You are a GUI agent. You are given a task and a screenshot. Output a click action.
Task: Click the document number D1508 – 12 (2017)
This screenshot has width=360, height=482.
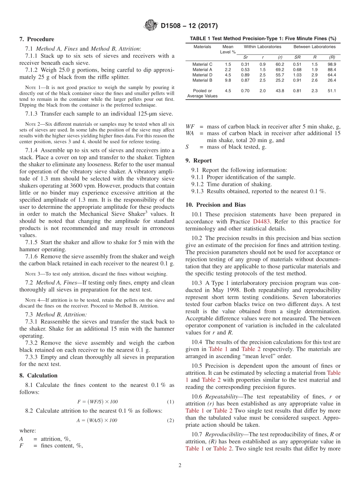(189, 26)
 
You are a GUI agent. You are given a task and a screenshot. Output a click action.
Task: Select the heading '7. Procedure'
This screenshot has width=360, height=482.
(37, 39)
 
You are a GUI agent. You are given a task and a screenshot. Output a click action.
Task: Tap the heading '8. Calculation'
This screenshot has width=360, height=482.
(38, 376)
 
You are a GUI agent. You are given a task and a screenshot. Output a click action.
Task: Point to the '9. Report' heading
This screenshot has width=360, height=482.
(199, 160)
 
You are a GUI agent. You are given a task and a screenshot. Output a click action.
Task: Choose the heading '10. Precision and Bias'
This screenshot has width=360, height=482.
(215, 205)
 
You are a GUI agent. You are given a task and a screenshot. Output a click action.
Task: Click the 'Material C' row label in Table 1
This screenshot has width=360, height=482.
(202, 64)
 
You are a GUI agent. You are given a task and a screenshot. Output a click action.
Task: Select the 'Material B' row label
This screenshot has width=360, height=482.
(202, 80)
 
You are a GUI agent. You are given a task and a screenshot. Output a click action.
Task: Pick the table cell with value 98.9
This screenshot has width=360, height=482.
(332, 64)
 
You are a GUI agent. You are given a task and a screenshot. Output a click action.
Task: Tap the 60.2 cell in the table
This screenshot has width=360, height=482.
(280, 64)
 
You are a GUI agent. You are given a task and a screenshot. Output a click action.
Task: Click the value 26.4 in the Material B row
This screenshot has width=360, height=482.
(332, 80)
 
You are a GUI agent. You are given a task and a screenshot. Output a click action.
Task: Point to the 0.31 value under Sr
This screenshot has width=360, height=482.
(245, 64)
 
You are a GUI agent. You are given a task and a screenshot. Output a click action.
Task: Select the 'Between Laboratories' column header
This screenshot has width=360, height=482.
(314, 47)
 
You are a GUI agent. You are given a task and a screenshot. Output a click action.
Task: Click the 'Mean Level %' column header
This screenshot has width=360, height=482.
(228, 49)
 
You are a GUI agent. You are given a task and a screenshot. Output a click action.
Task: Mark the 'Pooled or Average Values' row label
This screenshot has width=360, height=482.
(202, 94)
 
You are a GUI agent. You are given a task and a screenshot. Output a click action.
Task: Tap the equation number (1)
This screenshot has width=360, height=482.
(170, 402)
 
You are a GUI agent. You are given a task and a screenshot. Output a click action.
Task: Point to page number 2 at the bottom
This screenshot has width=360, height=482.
(180, 466)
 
